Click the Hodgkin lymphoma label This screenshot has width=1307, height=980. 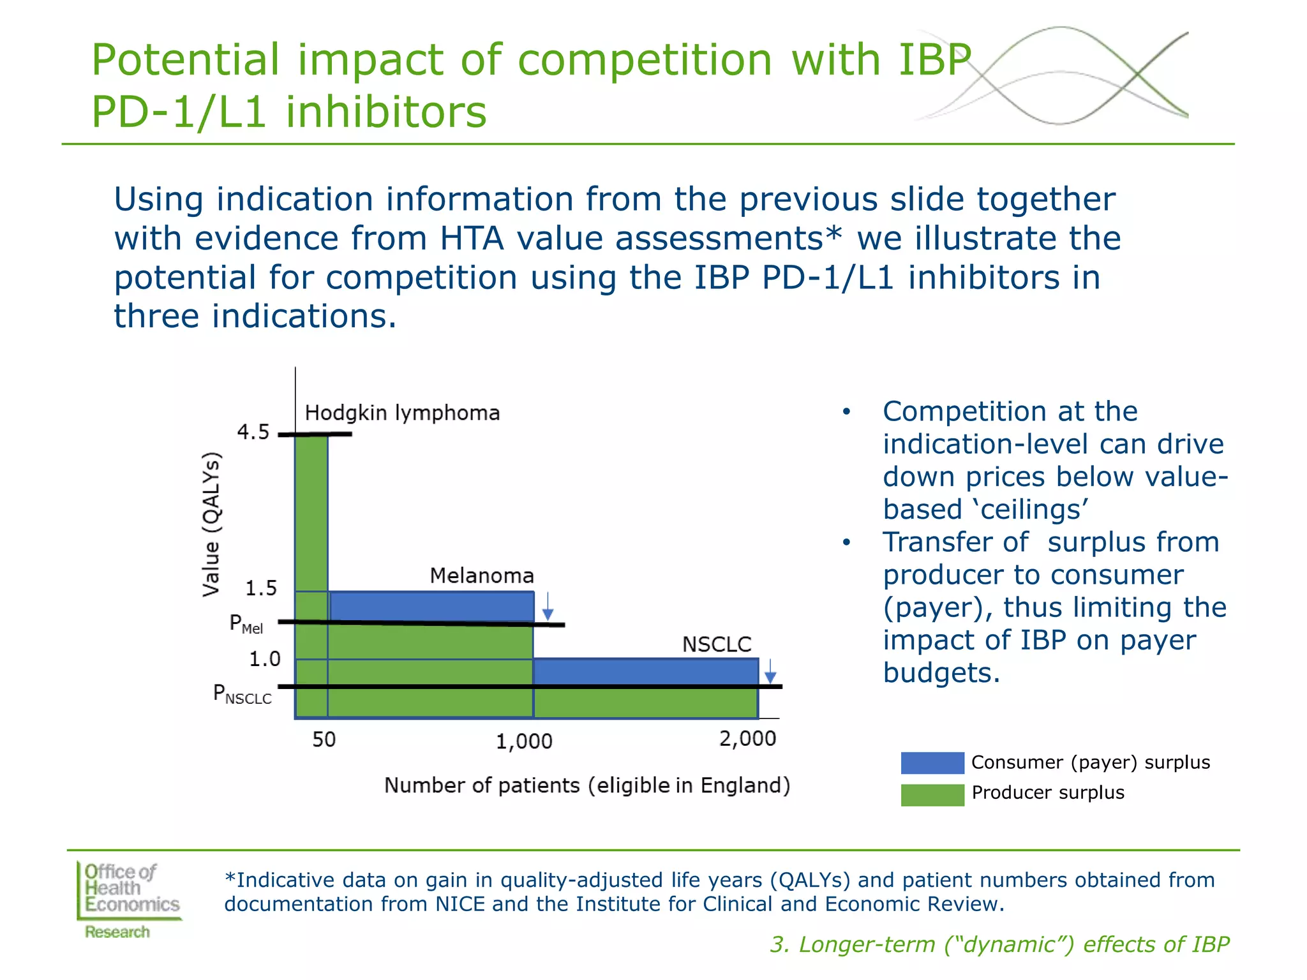pos(402,413)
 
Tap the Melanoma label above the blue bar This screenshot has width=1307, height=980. pos(482,575)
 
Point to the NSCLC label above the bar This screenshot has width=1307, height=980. pos(717,644)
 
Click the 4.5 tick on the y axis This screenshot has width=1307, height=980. pos(253,433)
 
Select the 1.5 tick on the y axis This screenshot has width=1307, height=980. pos(261,588)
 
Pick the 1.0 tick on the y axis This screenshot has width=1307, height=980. pos(264,659)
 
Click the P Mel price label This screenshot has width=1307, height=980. pos(246,623)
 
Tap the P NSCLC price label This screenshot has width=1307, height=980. pos(242,694)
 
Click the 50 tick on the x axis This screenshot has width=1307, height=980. pos(324,739)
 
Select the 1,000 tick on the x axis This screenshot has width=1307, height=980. pos(524,741)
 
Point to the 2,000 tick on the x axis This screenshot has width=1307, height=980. pos(747,739)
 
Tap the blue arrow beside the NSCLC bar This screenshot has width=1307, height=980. pos(770,671)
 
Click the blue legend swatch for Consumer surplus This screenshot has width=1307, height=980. pos(932,763)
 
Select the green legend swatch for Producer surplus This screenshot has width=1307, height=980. pos(932,795)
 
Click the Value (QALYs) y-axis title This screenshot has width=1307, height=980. pos(211,524)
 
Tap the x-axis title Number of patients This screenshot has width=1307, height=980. pos(586,785)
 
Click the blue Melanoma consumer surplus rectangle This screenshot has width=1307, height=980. pos(431,606)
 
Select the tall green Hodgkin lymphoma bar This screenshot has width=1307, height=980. pos(311,510)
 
